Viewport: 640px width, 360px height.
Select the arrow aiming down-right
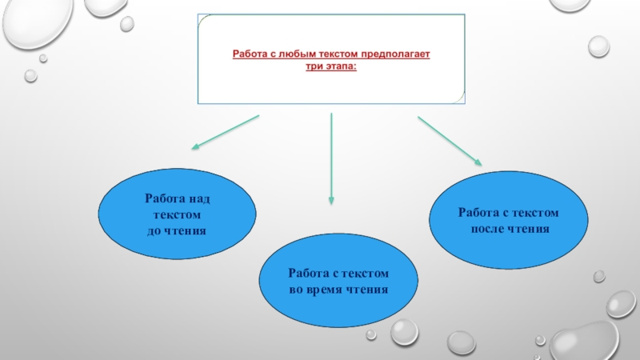coord(449,140)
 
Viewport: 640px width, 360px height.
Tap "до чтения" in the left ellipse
coord(176,230)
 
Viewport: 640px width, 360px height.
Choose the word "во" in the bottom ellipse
coord(297,289)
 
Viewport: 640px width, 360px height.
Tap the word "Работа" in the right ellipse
coord(478,213)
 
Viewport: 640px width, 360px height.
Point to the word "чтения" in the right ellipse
coord(530,229)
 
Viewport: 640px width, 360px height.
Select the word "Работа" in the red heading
coord(249,54)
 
